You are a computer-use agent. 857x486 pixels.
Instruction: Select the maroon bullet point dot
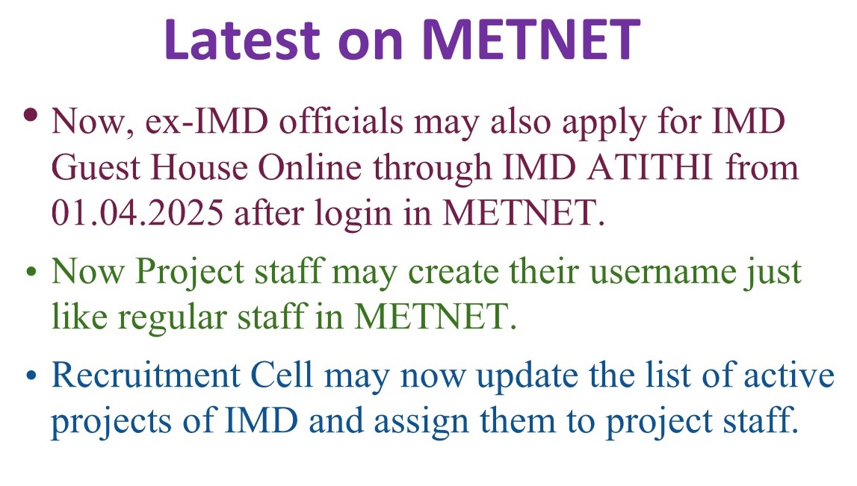[31, 116]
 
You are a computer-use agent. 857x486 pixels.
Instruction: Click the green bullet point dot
[31, 272]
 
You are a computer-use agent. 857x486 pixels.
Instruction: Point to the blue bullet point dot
[31, 376]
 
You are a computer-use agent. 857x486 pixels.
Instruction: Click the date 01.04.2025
[135, 214]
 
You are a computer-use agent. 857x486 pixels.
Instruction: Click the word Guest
[96, 168]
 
